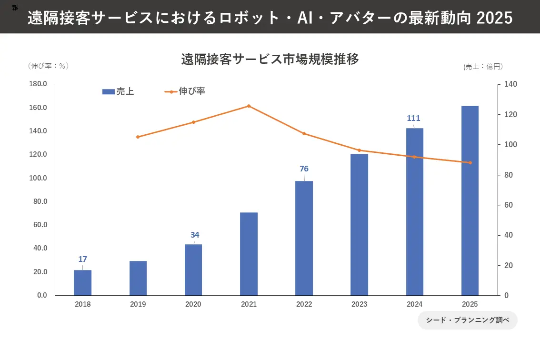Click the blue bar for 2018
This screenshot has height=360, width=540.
click(82, 282)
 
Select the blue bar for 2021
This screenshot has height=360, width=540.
click(249, 254)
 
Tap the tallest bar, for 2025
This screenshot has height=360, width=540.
click(470, 200)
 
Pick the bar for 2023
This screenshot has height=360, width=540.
click(359, 224)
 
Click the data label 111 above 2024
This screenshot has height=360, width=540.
click(413, 119)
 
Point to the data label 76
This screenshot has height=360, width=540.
click(304, 169)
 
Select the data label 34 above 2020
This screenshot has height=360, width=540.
click(195, 235)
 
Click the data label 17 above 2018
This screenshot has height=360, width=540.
click(82, 260)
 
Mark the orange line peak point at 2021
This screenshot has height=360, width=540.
click(249, 106)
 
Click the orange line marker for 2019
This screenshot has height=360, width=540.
click(138, 137)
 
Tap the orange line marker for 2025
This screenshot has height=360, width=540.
click(470, 163)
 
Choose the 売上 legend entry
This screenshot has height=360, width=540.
click(118, 92)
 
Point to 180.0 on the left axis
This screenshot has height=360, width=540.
click(38, 84)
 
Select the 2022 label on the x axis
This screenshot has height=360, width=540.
click(304, 304)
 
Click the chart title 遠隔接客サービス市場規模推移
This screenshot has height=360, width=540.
click(270, 60)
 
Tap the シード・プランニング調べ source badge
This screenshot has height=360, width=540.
click(467, 320)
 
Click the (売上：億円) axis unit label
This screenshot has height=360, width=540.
click(483, 67)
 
